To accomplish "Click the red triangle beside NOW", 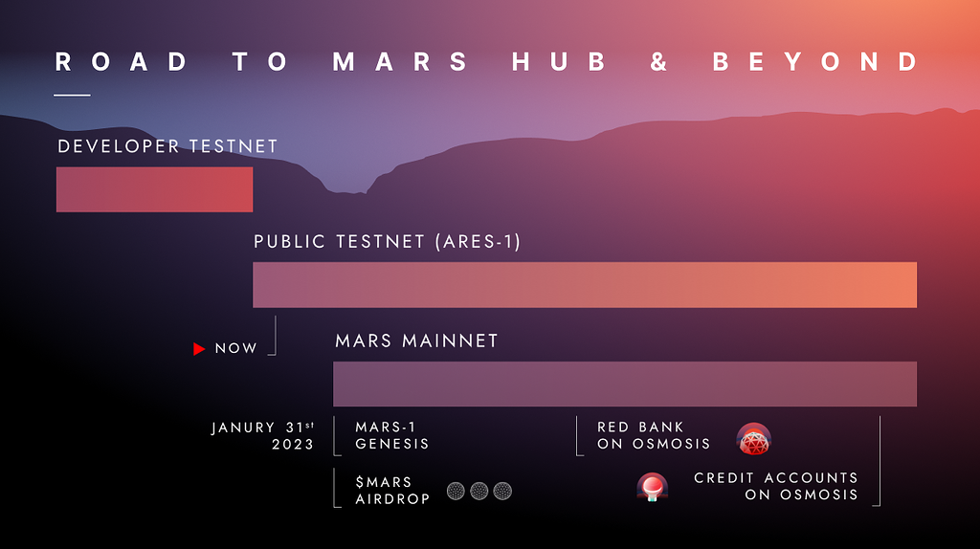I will coord(199,349).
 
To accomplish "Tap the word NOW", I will coord(236,349).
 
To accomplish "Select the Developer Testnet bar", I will coord(154,189).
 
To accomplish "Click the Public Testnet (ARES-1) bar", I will coord(584,285).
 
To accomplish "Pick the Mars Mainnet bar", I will coord(624,384).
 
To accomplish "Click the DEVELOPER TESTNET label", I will coord(167,146).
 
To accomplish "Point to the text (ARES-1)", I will coord(477,242).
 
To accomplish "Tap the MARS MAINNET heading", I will coord(416,341).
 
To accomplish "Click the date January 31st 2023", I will coord(263,436).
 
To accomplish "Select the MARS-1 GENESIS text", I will coord(391,436).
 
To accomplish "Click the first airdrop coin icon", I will coord(457,492).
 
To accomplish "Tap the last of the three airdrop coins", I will coord(502,492).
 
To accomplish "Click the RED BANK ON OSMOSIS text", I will coord(654,436).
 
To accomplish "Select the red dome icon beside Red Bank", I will coord(754,439).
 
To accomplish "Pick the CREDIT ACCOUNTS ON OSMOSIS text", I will coord(776,487).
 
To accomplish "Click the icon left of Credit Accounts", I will coord(653,488).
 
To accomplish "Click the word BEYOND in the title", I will coord(815,62).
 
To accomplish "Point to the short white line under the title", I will coord(73,95).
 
